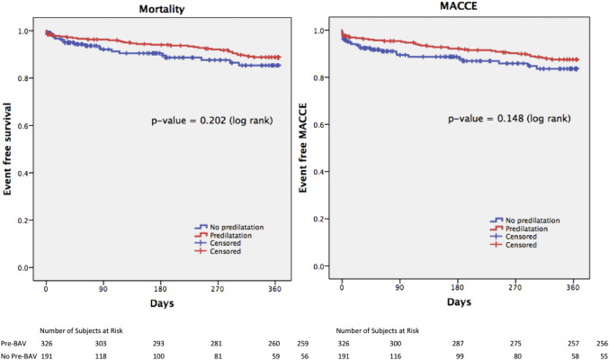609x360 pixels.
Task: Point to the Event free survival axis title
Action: point(13,145)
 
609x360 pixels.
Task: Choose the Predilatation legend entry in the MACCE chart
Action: point(533,228)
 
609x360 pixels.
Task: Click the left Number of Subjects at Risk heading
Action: point(78,330)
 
